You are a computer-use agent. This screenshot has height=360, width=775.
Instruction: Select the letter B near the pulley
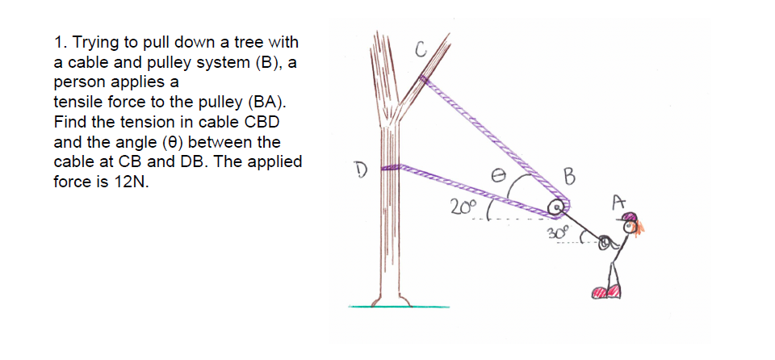click(x=571, y=175)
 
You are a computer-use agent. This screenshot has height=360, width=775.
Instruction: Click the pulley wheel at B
click(x=555, y=208)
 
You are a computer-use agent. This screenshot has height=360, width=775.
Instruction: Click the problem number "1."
click(x=60, y=41)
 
